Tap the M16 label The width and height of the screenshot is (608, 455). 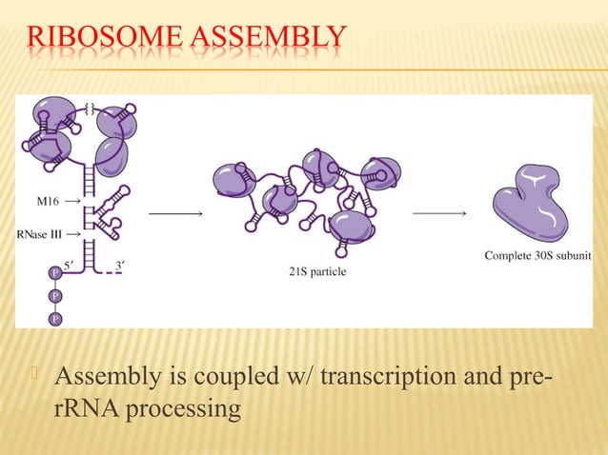click(x=35, y=202)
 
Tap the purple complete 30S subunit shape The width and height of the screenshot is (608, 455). click(x=529, y=205)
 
